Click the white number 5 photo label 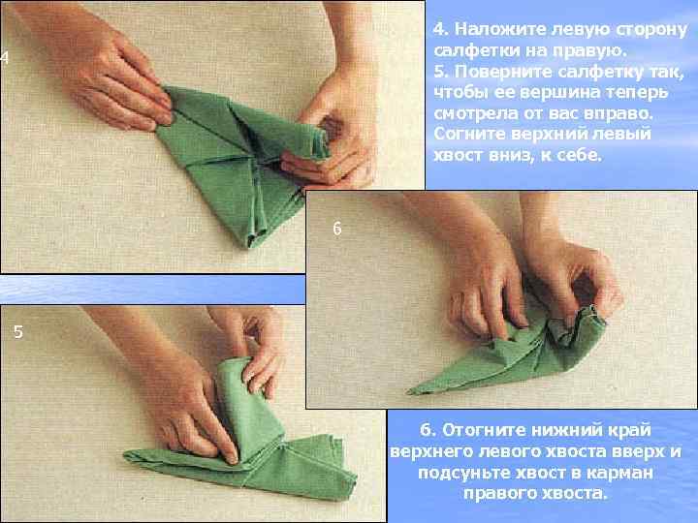pos(18,332)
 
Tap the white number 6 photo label pos(337,229)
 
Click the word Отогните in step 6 pos(483,430)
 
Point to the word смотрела pos(476,114)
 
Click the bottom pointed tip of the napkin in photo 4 pos(249,246)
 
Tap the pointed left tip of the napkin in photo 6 pos(409,392)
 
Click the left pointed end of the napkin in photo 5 pos(125,454)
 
